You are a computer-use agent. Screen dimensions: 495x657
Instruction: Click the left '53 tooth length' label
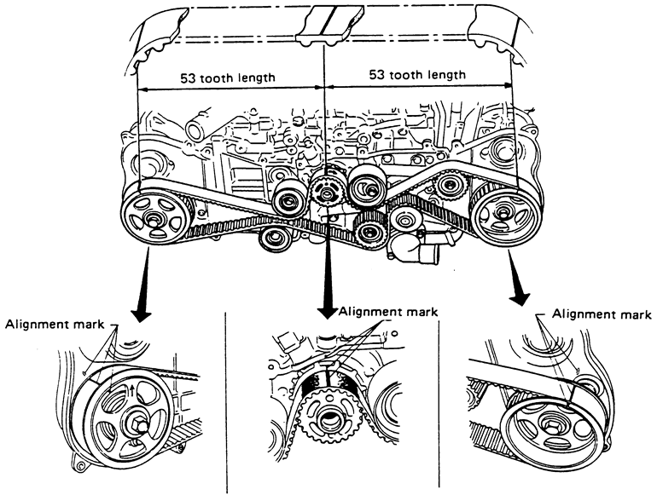click(227, 78)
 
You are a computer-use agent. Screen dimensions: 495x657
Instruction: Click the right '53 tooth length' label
click(417, 75)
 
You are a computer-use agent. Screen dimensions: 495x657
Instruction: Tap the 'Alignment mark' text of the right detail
click(594, 314)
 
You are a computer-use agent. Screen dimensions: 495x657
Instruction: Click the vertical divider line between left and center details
click(225, 400)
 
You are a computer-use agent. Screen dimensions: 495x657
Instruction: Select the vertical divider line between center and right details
click(438, 400)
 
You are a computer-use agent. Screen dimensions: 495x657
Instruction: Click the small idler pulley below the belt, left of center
click(275, 237)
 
